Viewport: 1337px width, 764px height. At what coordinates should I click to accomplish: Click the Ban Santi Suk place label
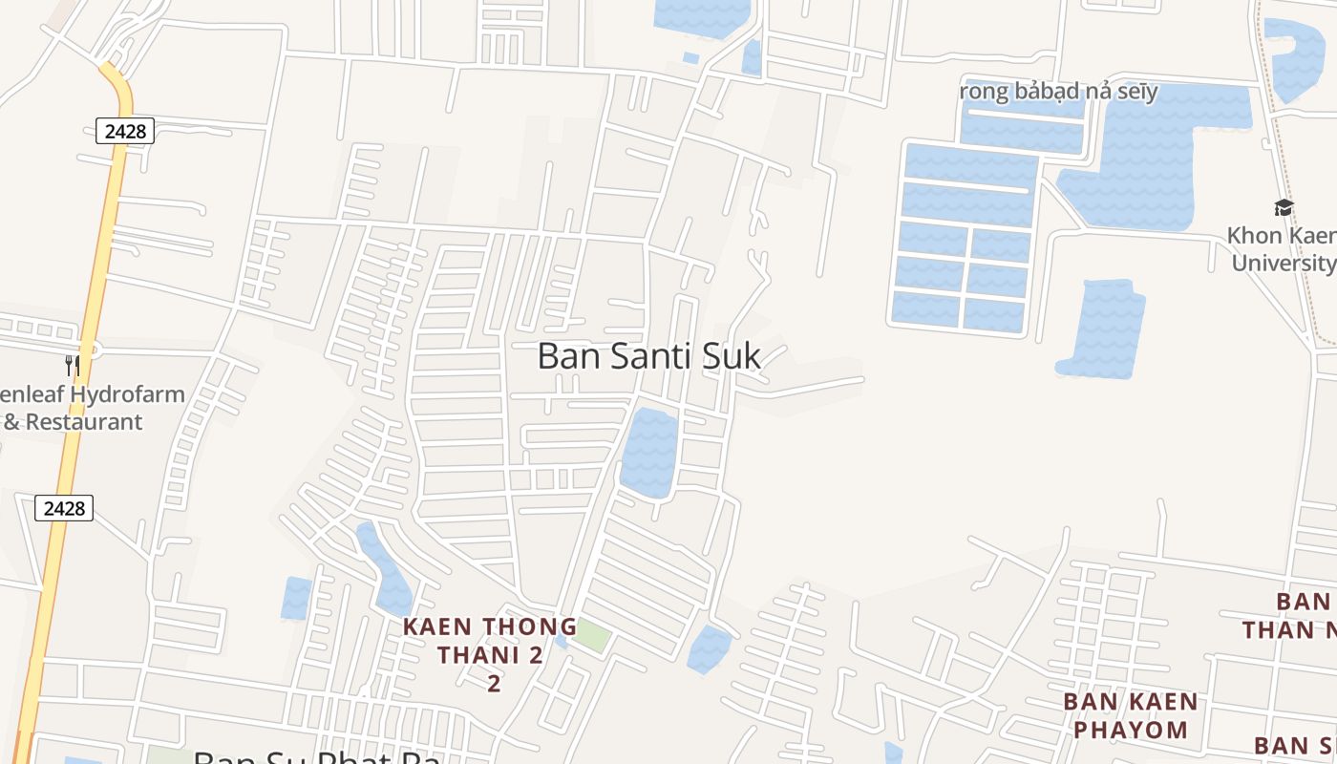649,356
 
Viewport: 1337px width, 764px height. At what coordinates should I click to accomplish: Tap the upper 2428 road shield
125,131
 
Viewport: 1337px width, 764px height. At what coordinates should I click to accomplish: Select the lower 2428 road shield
64,508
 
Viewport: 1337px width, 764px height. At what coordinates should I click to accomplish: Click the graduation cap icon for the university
1284,207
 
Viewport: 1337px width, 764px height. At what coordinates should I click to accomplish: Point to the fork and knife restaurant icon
72,364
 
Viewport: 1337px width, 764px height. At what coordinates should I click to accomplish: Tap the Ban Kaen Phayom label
1130,715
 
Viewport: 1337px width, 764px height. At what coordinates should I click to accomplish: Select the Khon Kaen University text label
1282,248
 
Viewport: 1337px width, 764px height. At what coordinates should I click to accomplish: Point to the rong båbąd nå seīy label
1058,92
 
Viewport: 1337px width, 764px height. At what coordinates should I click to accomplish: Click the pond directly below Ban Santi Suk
648,453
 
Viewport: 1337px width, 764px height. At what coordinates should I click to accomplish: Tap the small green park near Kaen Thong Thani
592,636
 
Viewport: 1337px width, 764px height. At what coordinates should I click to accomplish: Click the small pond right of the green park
709,648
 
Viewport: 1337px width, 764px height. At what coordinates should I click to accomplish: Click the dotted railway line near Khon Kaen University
1280,143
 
